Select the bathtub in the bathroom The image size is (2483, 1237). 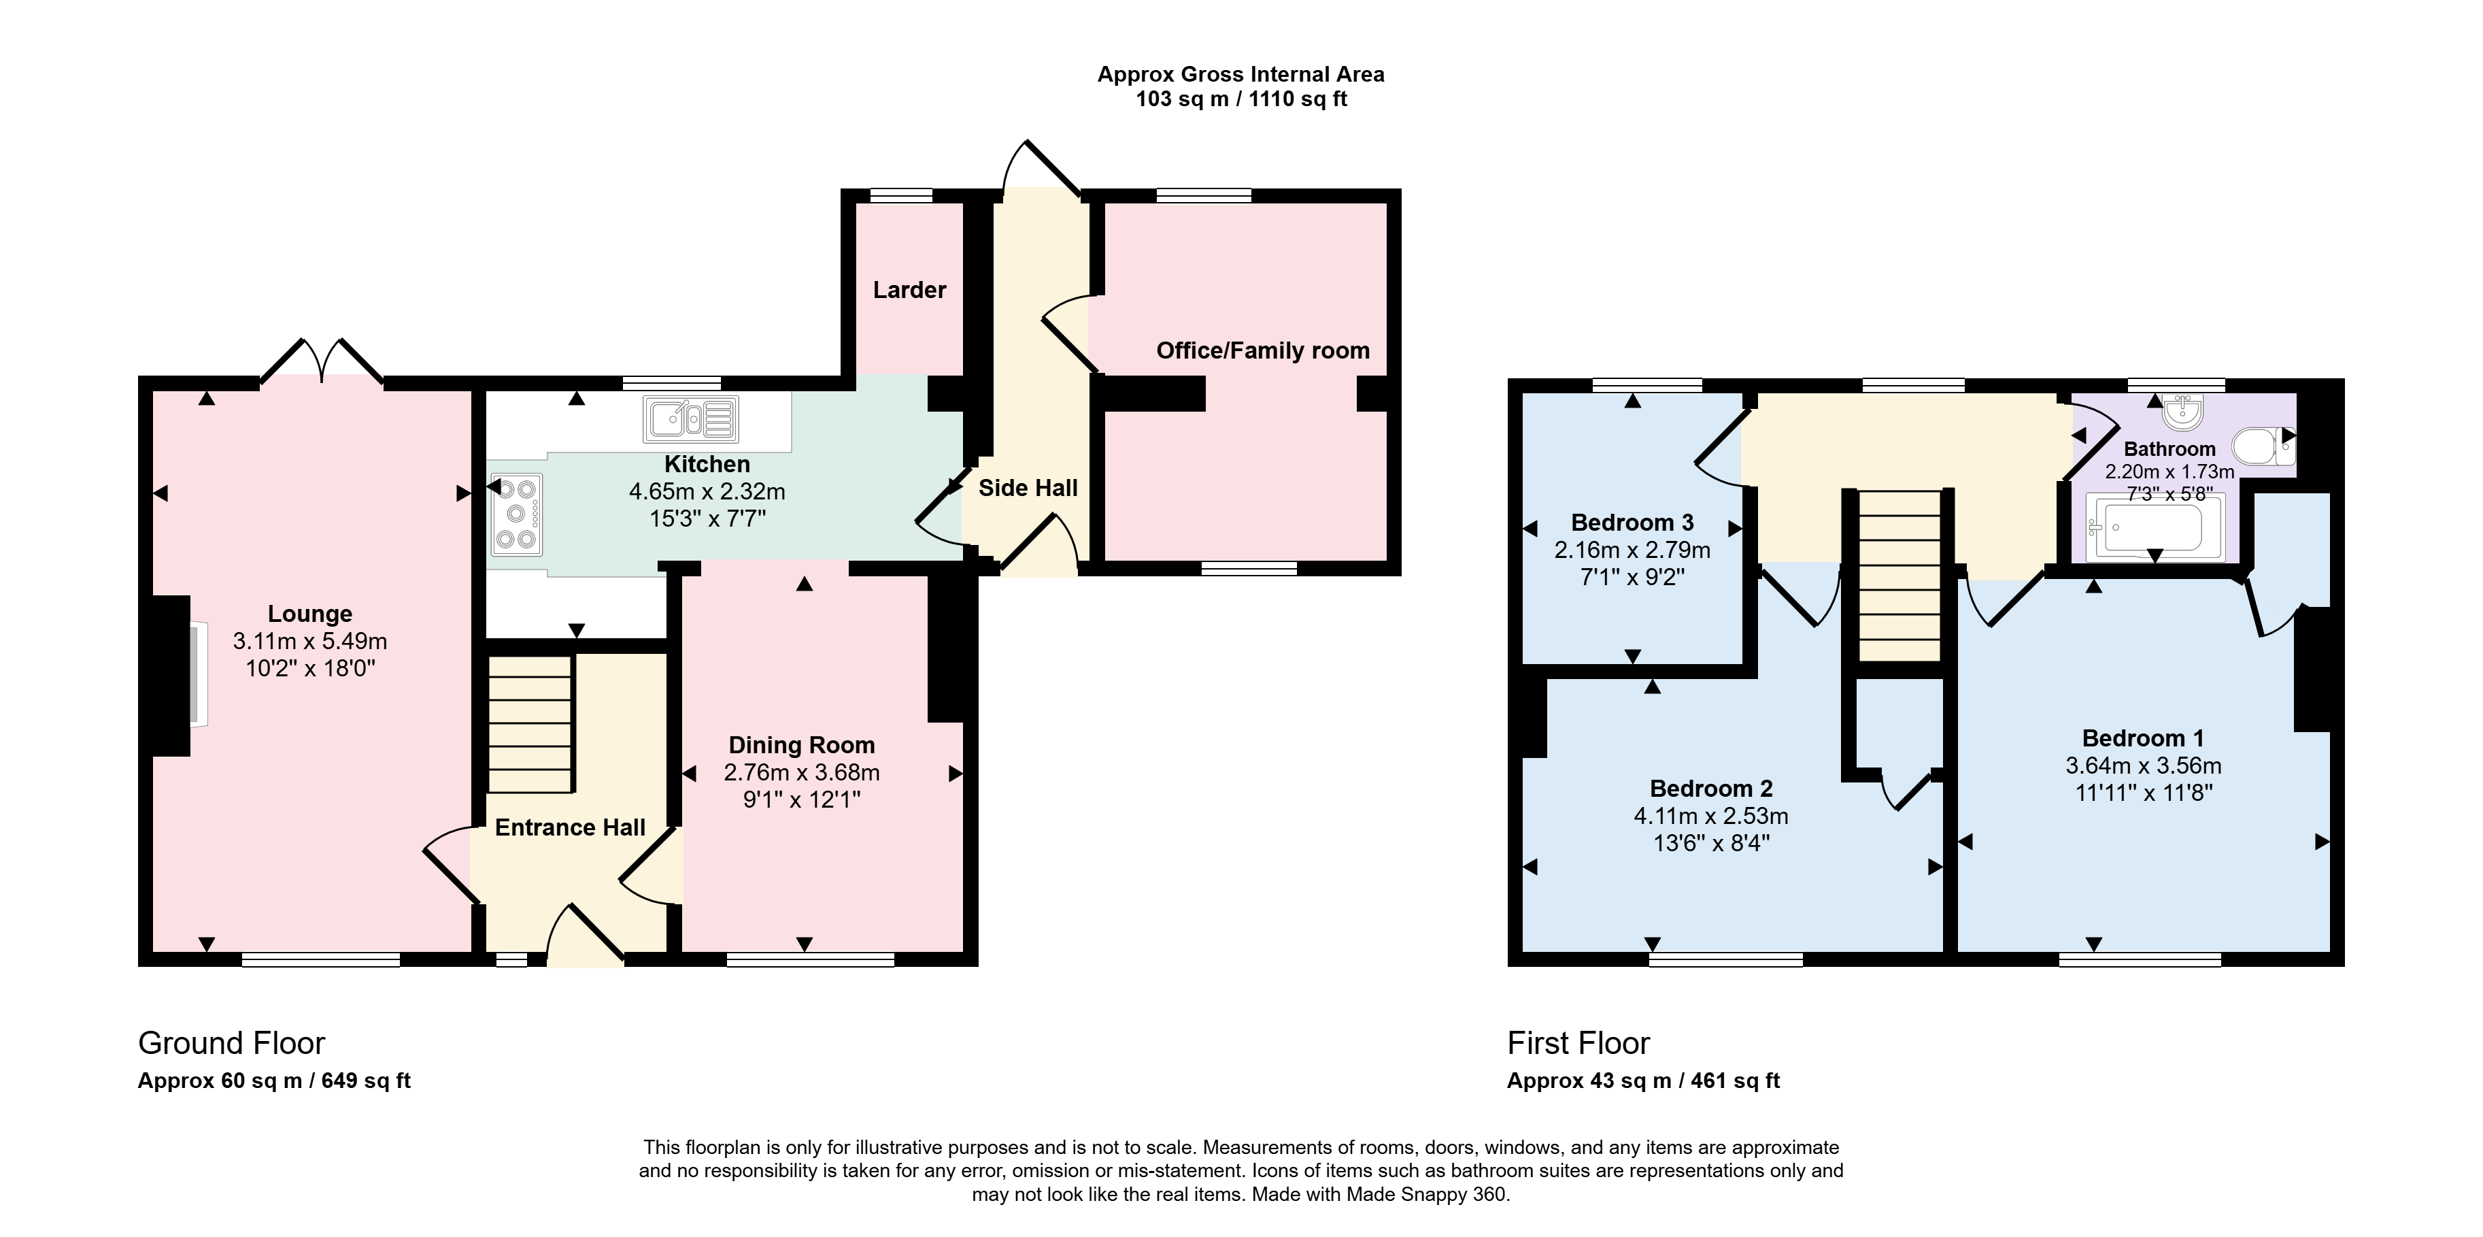click(2155, 527)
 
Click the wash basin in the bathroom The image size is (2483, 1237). click(2182, 412)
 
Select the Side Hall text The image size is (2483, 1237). click(1028, 488)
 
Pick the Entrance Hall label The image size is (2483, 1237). click(570, 827)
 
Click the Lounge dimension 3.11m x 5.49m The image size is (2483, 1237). click(310, 640)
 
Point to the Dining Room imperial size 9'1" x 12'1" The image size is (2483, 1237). click(802, 799)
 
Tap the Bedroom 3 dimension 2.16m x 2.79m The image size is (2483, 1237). click(1632, 550)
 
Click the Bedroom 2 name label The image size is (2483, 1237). click(1711, 789)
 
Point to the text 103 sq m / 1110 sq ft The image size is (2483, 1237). click(1242, 99)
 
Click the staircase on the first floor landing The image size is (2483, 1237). click(1899, 576)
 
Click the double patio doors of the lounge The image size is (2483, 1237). click(322, 361)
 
